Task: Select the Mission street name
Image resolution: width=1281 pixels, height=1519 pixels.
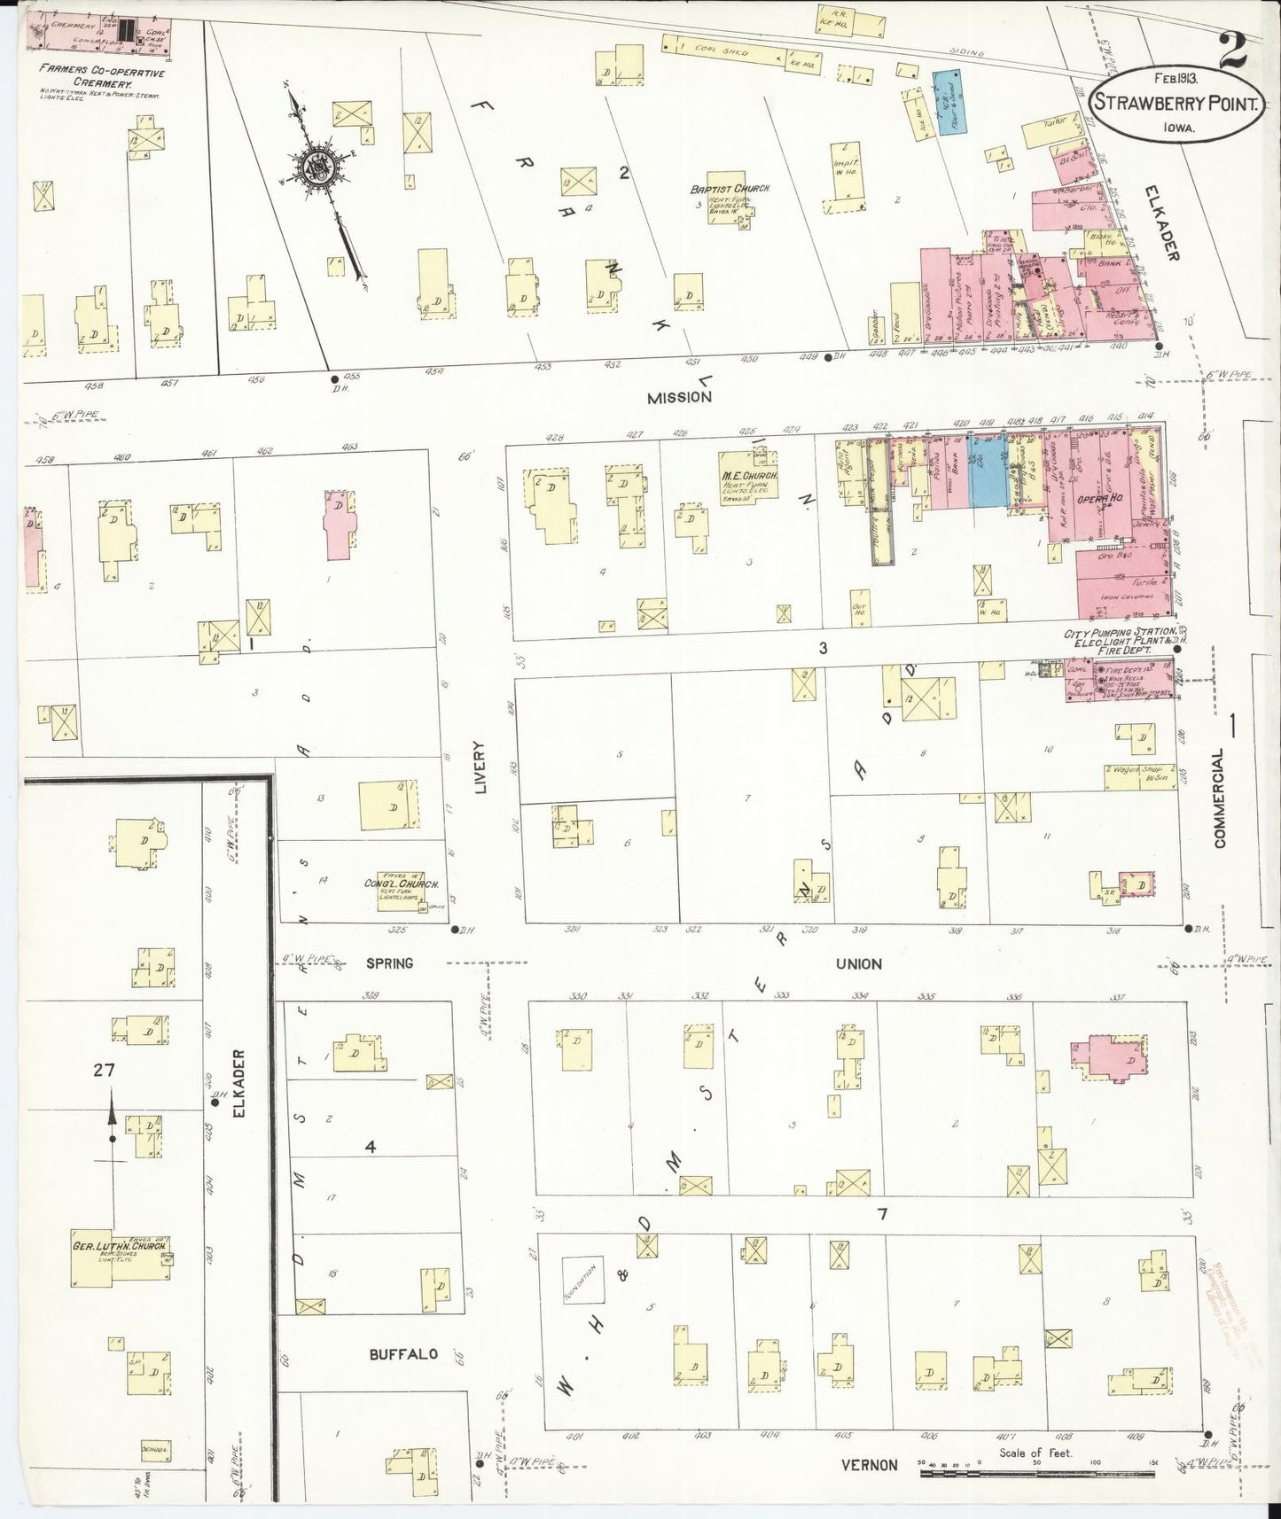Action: [x=679, y=398]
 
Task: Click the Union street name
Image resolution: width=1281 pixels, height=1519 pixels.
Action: [x=858, y=963]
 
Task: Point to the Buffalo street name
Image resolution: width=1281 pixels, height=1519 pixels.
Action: [x=403, y=1354]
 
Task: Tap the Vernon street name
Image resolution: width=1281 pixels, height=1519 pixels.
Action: [x=870, y=1466]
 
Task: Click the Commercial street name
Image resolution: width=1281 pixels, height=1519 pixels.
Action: [x=1220, y=798]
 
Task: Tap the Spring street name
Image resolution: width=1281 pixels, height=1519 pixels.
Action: [x=389, y=963]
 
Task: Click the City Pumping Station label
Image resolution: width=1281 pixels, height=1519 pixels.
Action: [x=1120, y=635]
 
